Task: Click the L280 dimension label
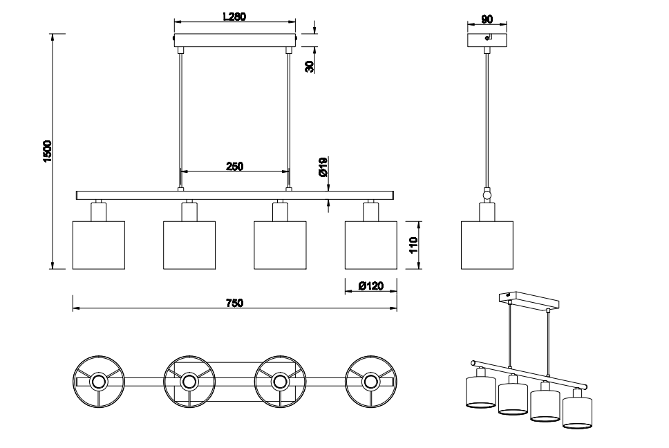(x=235, y=17)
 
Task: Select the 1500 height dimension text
(x=47, y=151)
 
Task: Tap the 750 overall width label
(x=234, y=303)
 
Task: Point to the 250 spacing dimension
(x=234, y=166)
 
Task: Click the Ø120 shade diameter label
(x=370, y=286)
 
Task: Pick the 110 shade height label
(x=413, y=245)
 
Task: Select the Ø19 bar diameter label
(x=323, y=167)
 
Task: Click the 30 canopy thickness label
(x=310, y=66)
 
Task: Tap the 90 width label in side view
(x=487, y=19)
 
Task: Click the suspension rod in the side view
(x=487, y=120)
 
